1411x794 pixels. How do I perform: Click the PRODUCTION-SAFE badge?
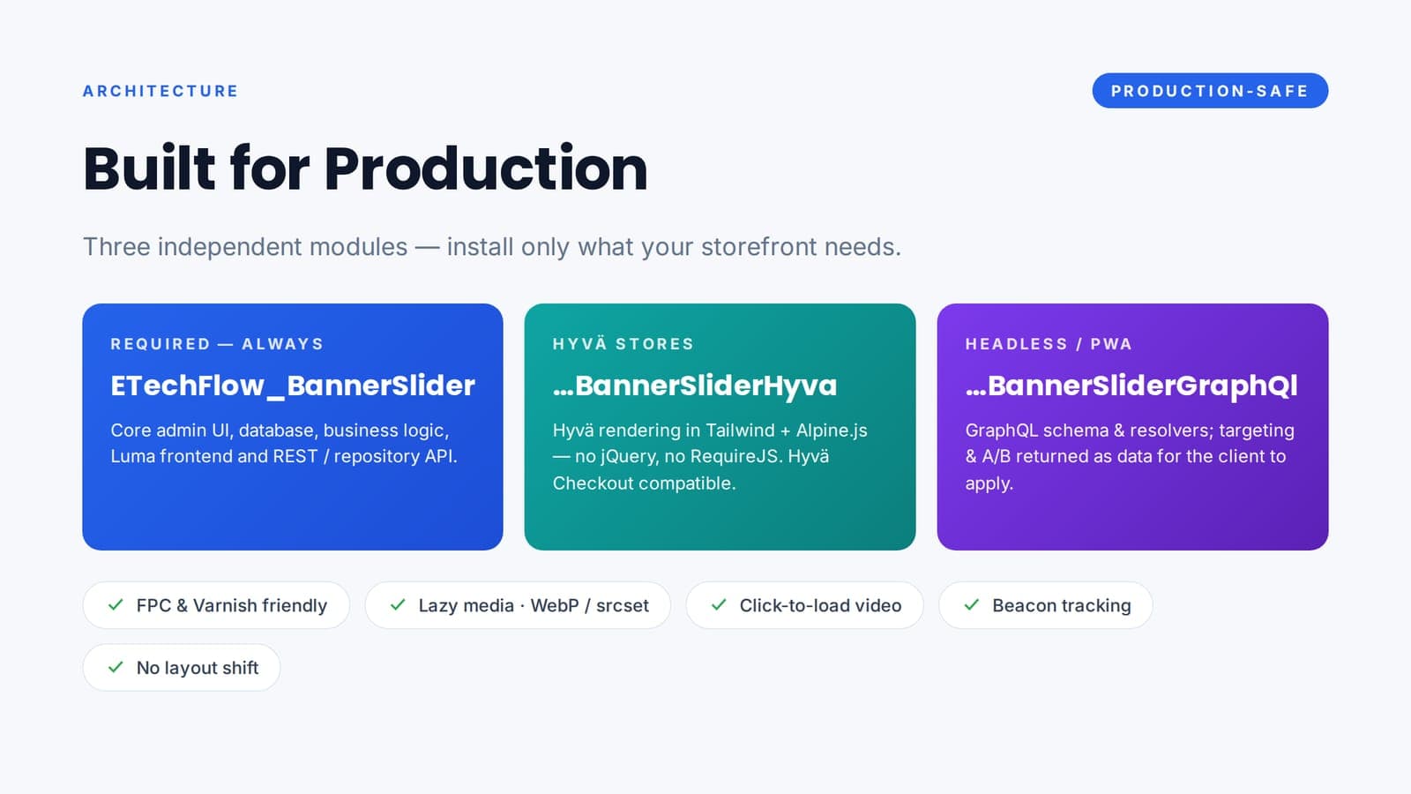coord(1210,91)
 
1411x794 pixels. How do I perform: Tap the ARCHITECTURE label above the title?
coord(161,92)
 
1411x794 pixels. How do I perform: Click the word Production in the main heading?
coord(486,169)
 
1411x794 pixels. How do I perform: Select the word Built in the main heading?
coord(149,169)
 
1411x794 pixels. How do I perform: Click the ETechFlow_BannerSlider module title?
coord(293,386)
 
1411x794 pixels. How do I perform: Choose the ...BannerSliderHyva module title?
coord(695,386)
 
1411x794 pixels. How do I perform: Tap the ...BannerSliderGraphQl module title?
coord(1131,386)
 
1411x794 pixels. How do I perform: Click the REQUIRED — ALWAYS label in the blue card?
coord(217,344)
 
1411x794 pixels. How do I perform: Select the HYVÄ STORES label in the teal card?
coord(623,344)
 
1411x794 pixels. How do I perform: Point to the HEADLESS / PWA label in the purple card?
coord(1049,344)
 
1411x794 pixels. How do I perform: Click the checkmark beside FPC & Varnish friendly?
coord(116,605)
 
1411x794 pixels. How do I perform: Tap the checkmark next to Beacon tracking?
coord(972,605)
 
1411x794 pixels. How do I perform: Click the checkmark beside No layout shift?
coord(116,667)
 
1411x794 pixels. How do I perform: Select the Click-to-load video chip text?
coord(820,605)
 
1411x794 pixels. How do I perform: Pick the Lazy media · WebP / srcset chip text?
coord(534,605)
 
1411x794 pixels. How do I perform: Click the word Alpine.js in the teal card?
coord(832,431)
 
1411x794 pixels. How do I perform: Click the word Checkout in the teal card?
coord(593,483)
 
